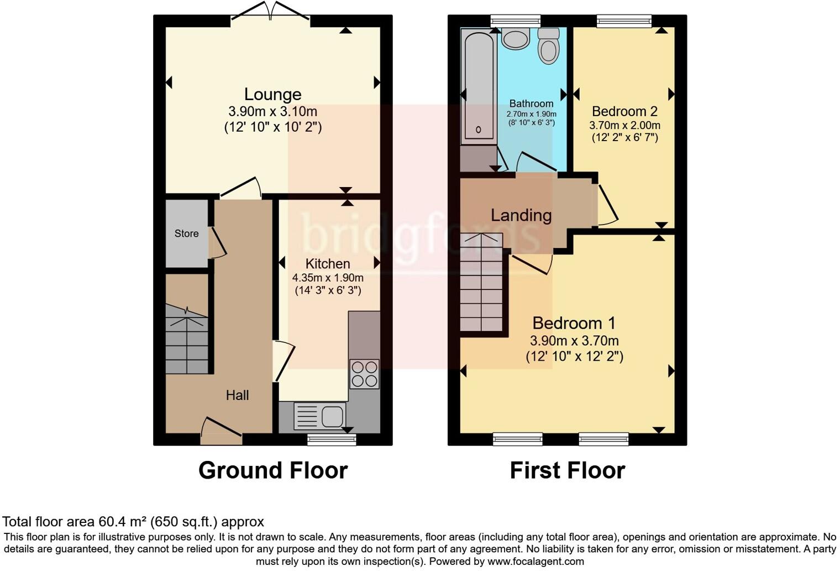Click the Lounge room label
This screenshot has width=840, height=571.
[272, 94]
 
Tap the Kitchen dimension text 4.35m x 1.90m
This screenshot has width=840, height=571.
[328, 278]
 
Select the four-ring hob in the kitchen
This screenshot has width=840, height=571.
[364, 374]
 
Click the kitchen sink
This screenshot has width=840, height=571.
[320, 416]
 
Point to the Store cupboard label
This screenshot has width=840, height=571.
[186, 233]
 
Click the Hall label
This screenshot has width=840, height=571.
[237, 395]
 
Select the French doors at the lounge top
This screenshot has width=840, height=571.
[270, 12]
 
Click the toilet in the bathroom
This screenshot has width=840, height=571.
[548, 45]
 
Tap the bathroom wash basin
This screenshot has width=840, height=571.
[516, 39]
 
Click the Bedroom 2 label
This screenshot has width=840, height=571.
[624, 111]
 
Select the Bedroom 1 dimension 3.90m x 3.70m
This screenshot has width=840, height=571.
[574, 341]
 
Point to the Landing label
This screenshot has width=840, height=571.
[521, 215]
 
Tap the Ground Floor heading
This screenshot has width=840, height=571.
[273, 470]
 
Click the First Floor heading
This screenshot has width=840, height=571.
[567, 470]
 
